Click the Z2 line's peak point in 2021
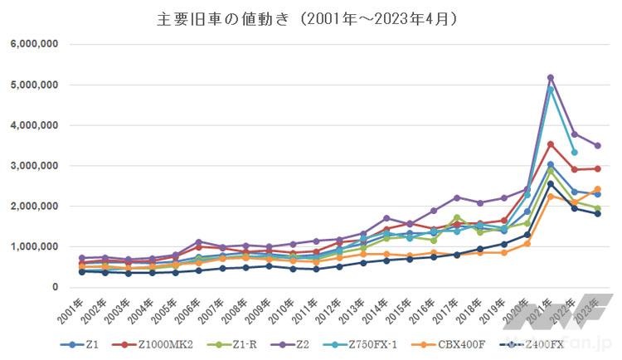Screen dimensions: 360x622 tap(550, 77)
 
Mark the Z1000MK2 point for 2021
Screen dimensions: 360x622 tap(550, 144)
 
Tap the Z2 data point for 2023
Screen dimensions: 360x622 tap(597, 145)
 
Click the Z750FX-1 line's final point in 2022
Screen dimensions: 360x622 tap(574, 153)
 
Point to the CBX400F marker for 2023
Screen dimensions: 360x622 tap(597, 189)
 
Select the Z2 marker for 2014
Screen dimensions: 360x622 tap(386, 218)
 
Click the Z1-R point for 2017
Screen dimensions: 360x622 tap(456, 217)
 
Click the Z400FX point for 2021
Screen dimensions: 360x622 tap(550, 183)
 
